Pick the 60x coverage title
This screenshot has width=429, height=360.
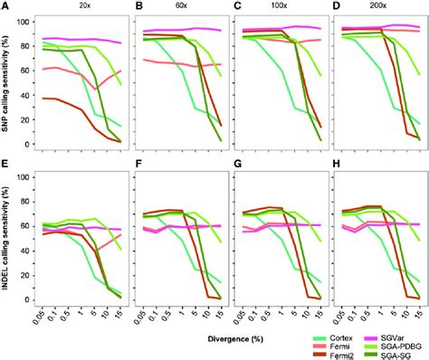point(181,5)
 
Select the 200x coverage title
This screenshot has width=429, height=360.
point(380,5)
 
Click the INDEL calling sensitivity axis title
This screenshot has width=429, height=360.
point(6,244)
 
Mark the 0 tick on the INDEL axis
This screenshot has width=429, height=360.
point(29,301)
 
